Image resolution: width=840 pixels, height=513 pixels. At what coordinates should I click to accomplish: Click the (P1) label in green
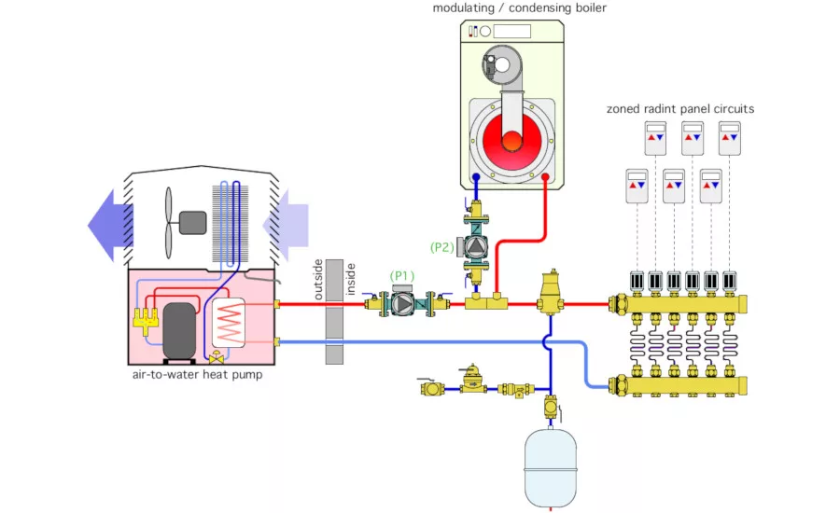401,275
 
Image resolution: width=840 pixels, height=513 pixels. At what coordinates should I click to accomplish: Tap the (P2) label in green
442,247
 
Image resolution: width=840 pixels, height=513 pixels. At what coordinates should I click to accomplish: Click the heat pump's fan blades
168,222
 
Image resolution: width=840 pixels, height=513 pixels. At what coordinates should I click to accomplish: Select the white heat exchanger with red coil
229,326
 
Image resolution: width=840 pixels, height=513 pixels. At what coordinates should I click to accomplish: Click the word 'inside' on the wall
351,278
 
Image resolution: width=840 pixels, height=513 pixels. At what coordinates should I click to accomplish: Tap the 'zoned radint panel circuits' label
679,109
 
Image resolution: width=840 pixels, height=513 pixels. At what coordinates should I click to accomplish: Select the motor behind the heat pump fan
192,222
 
